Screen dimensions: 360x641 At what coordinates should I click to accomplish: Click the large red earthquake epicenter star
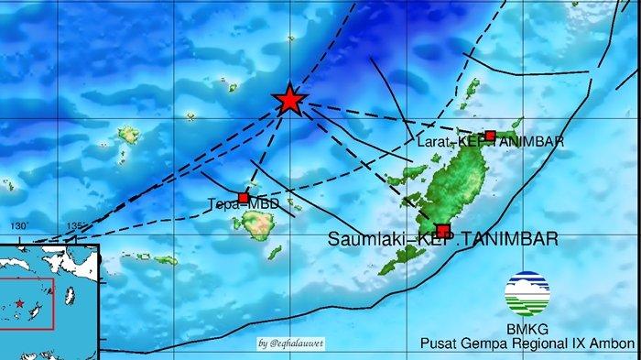pos(289,100)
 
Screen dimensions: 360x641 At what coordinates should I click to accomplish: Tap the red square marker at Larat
pos(490,136)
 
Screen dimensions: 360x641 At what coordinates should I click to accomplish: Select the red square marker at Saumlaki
pos(443,231)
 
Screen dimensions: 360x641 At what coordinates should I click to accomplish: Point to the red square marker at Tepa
pos(243,198)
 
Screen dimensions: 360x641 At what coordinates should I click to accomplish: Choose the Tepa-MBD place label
pos(243,204)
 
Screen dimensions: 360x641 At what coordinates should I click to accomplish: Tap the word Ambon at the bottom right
pos(614,344)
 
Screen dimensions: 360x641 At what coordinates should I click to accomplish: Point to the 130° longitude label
pos(19,226)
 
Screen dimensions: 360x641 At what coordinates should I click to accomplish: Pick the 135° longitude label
pos(77,226)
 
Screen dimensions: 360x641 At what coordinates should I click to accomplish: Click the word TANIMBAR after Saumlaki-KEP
pos(511,240)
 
